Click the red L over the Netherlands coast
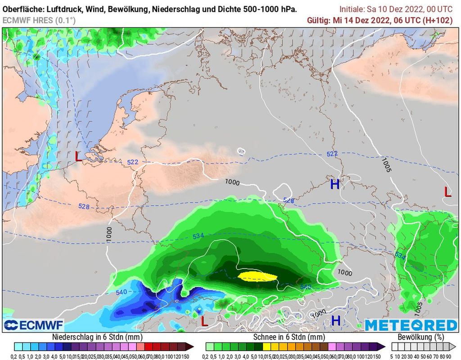78,156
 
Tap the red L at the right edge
447,191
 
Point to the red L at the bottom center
204,321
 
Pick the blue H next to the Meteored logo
336,320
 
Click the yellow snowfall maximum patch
258,276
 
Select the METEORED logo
411,325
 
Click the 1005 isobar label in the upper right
386,165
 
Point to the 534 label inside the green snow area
199,237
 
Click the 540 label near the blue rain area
121,292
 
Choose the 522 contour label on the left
132,162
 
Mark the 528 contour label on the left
84,207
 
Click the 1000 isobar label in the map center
232,182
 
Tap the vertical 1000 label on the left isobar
109,235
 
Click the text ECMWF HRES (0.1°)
39,20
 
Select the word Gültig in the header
318,20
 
